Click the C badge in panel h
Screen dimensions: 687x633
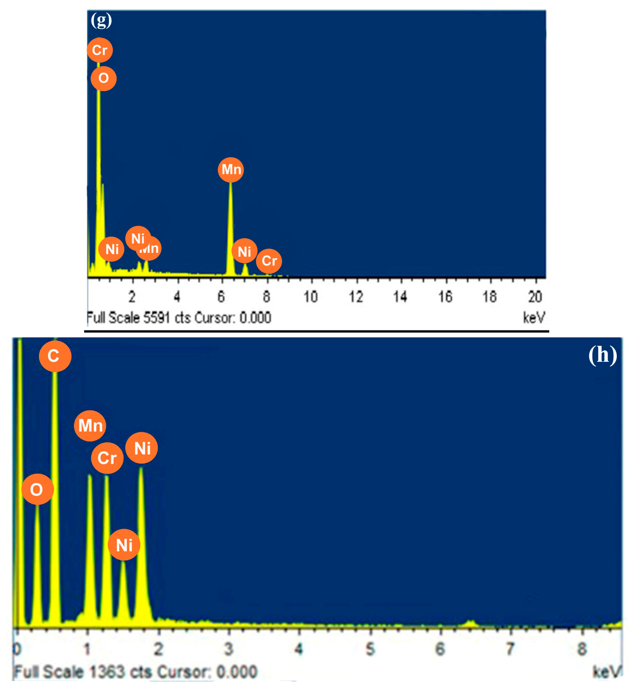point(55,356)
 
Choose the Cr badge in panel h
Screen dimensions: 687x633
point(107,458)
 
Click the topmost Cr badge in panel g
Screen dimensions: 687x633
point(100,50)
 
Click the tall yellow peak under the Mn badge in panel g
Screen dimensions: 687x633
point(230,233)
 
